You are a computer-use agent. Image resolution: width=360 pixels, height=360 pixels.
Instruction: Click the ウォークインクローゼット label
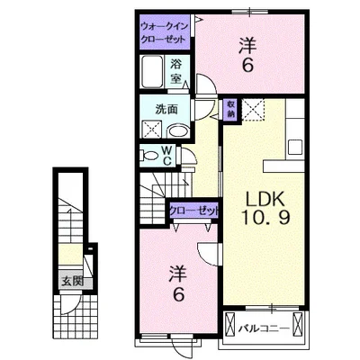tap(165, 32)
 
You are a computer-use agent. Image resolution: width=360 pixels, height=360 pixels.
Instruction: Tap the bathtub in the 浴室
tap(152, 71)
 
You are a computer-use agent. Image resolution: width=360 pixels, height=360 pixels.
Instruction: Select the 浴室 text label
tap(176, 71)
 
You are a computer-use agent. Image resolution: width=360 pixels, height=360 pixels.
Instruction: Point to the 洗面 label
tap(166, 110)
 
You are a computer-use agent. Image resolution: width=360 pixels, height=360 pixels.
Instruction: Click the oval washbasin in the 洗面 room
tap(178, 131)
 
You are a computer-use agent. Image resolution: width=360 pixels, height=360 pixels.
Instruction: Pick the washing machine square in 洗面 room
tap(151, 129)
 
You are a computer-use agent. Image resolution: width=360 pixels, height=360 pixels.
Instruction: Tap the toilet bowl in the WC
tap(149, 155)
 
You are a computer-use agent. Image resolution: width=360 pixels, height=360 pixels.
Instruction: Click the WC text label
tap(166, 156)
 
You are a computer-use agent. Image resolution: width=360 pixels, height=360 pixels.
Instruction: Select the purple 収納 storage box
tap(230, 109)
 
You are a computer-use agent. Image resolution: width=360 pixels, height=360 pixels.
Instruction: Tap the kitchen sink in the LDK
tap(294, 147)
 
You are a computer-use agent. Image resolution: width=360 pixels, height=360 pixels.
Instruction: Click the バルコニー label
tap(264, 328)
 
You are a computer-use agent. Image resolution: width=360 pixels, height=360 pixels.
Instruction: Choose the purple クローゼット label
tap(194, 211)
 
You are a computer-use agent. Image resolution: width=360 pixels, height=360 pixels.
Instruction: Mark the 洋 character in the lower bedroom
tap(177, 274)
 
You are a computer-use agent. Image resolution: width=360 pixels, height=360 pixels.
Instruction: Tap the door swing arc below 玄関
tap(71, 305)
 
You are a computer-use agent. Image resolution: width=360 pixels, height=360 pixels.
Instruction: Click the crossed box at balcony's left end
tap(229, 323)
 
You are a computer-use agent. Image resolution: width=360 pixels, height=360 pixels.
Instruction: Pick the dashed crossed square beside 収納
tap(254, 110)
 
